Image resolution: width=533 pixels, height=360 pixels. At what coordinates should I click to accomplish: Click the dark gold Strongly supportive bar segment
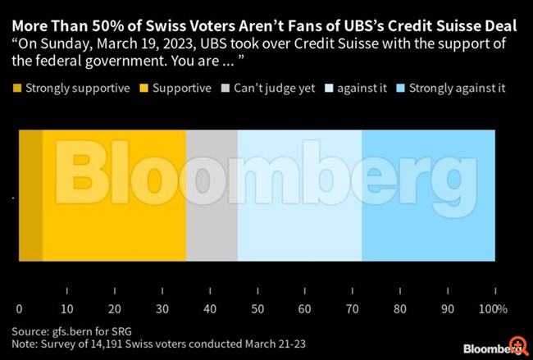point(30,196)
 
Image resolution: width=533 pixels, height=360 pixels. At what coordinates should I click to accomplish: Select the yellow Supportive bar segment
point(114,196)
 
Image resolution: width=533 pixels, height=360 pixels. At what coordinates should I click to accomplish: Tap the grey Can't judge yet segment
point(212,196)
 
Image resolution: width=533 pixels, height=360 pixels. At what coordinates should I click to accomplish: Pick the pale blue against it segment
point(299,196)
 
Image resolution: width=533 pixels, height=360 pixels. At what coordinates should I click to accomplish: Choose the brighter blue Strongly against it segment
point(428,196)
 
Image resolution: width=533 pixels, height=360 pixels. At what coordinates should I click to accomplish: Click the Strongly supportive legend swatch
point(17,88)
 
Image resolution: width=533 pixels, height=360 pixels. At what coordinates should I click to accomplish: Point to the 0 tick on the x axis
point(19,309)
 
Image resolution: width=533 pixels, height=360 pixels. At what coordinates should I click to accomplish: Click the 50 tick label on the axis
point(257,309)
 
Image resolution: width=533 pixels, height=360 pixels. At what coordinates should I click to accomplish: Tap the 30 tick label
point(162,309)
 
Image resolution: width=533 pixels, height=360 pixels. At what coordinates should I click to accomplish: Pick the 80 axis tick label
point(399,309)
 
